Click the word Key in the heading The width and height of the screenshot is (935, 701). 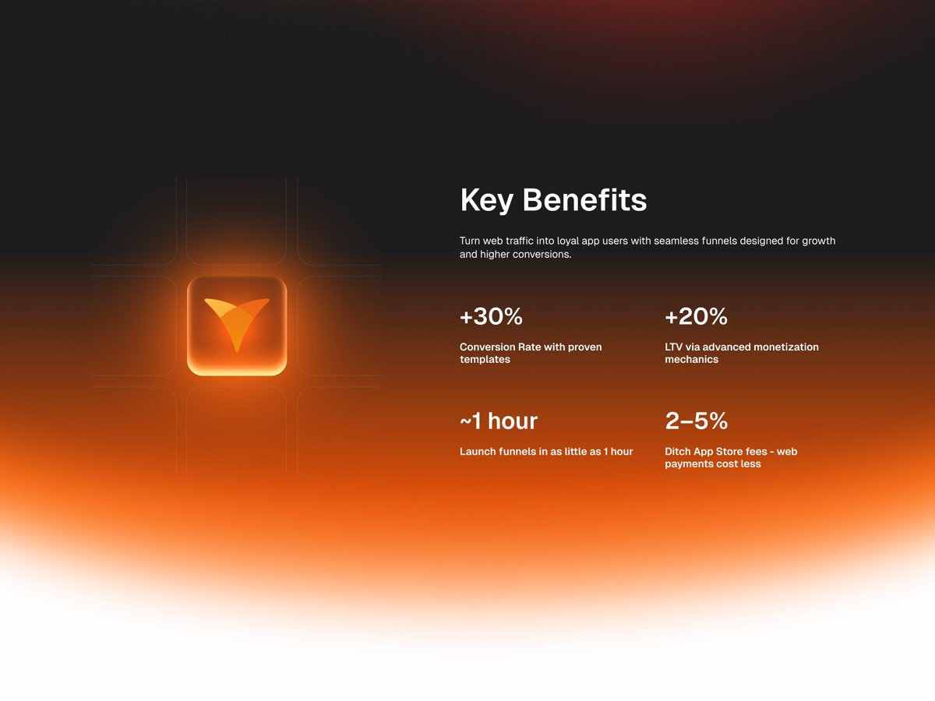pos(486,201)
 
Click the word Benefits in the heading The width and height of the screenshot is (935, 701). pos(584,201)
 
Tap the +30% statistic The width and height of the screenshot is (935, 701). pos(491,317)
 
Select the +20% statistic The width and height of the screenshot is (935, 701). pos(696,317)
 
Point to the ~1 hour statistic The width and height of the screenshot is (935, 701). pos(499,421)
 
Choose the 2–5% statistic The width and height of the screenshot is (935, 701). pos(696,421)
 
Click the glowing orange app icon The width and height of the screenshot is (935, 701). pos(237,326)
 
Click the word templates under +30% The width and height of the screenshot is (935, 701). pos(485,360)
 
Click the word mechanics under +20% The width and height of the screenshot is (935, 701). pos(691,360)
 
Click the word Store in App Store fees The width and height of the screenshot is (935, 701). pos(736,451)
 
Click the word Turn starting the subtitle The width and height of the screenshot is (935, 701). pos(470,241)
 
